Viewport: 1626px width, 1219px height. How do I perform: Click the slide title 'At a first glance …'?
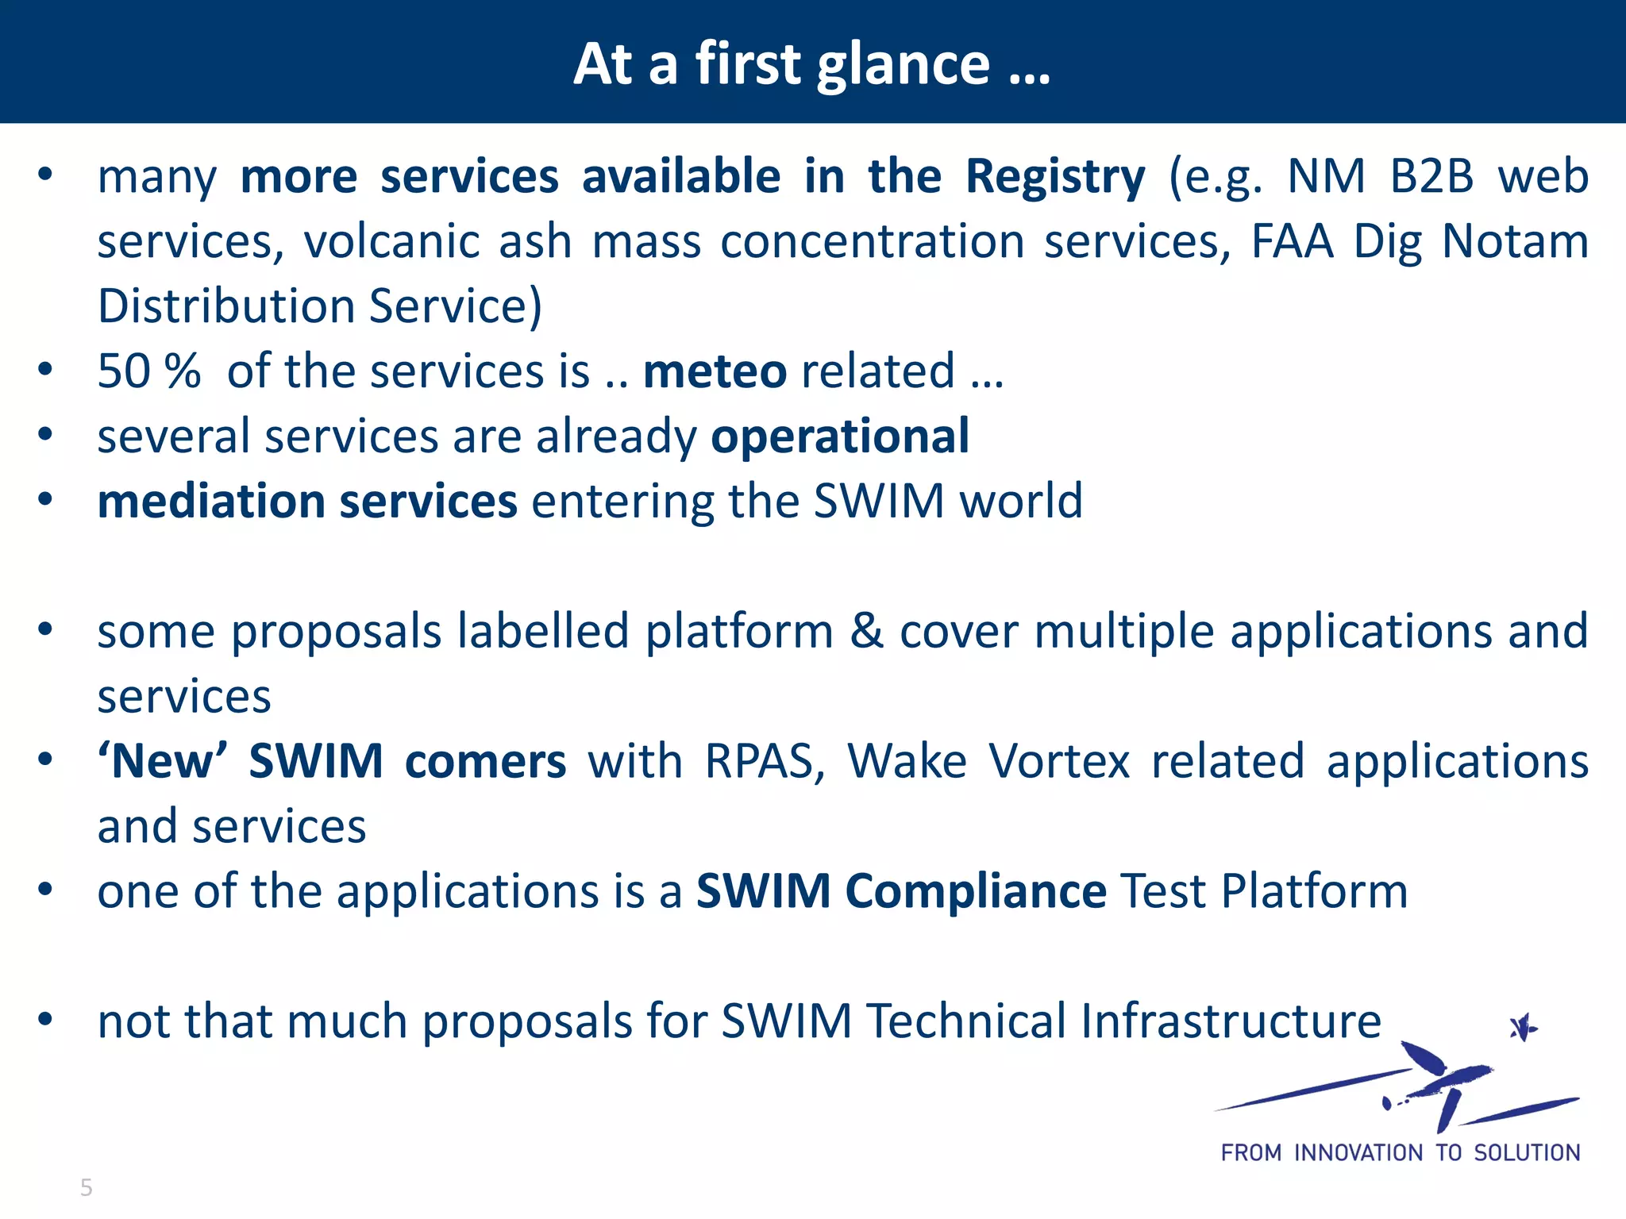(811, 63)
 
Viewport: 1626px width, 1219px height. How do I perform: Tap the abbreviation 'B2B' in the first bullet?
(1431, 176)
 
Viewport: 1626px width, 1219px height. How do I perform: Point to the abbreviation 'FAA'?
(1292, 241)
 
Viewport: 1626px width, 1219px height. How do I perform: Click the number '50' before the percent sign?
(123, 371)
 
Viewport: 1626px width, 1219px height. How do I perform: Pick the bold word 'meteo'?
(715, 371)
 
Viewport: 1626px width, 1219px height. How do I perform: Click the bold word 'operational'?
(840, 436)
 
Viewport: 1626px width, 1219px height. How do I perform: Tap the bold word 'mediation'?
(211, 502)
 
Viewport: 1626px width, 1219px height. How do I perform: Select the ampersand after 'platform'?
(866, 632)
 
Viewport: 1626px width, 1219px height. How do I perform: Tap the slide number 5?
(87, 1187)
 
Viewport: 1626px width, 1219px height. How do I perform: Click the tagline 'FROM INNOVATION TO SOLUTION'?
(1400, 1152)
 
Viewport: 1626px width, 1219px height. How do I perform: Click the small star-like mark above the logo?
(1523, 1029)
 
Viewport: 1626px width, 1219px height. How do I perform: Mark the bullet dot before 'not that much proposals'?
(45, 1019)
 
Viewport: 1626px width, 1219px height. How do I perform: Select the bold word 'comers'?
(485, 762)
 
